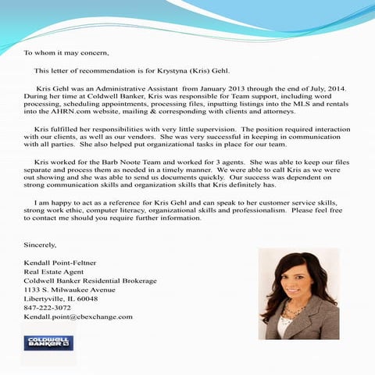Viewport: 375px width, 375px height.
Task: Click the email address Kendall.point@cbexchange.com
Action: [78, 317]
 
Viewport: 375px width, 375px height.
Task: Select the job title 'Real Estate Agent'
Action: [54, 272]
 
